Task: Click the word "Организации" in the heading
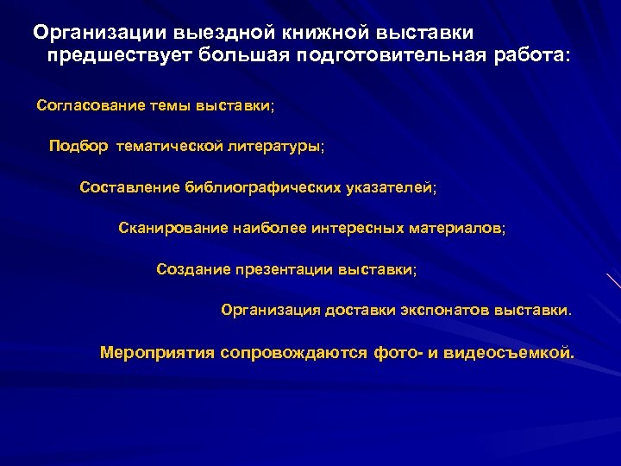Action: pos(99,33)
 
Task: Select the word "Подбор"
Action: pos(78,147)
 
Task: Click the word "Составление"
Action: pos(129,187)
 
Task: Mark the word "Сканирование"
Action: pos(172,229)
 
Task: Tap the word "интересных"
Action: pos(361,229)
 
